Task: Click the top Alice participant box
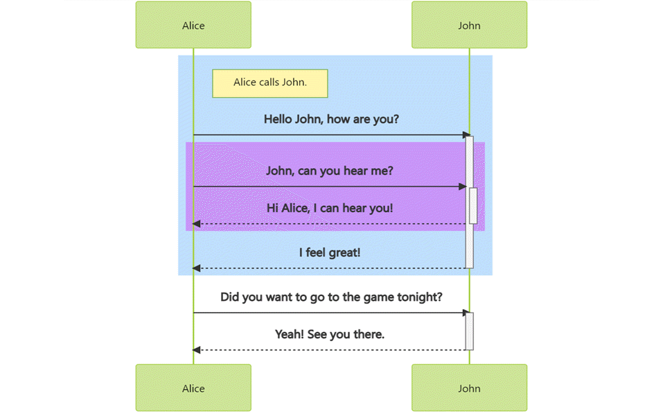point(193,26)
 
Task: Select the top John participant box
point(469,26)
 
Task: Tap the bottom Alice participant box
point(193,388)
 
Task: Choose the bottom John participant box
point(469,388)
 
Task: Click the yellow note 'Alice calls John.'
point(269,83)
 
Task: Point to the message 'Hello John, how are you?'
point(331,119)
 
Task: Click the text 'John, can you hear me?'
point(329,171)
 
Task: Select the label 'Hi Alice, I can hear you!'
point(330,207)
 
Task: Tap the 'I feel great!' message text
point(330,252)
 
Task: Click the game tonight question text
point(331,297)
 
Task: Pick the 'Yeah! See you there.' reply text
point(330,334)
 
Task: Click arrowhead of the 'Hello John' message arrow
point(467,135)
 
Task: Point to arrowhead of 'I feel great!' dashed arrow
point(197,268)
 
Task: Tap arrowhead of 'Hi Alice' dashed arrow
point(197,224)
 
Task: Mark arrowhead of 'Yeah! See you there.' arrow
point(197,350)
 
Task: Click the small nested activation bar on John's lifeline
point(474,206)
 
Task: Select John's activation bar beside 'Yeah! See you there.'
point(470,331)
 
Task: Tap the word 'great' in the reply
point(344,252)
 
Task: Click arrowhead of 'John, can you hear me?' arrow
point(463,187)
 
